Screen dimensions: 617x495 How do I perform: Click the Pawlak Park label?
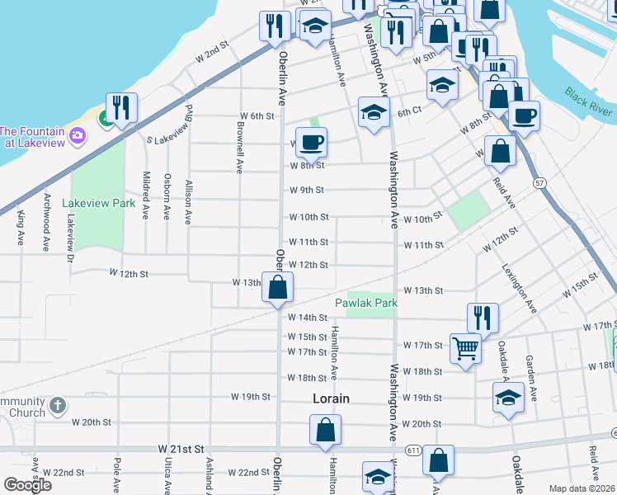[366, 304]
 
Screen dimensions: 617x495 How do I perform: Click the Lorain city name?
[331, 398]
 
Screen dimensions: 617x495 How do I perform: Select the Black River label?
[588, 101]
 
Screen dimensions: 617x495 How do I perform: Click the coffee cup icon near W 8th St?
[311, 142]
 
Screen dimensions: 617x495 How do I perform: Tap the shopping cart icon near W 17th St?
[465, 348]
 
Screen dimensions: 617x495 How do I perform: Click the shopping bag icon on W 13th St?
[278, 287]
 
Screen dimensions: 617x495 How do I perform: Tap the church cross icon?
[57, 405]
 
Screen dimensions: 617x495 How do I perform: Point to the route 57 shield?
[539, 181]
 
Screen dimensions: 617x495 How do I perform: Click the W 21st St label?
[181, 448]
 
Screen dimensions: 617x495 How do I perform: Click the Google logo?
[27, 485]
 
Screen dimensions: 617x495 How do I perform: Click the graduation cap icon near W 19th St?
[508, 397]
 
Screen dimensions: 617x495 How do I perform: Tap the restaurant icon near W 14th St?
[483, 318]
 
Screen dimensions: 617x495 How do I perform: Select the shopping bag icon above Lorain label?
[325, 429]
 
